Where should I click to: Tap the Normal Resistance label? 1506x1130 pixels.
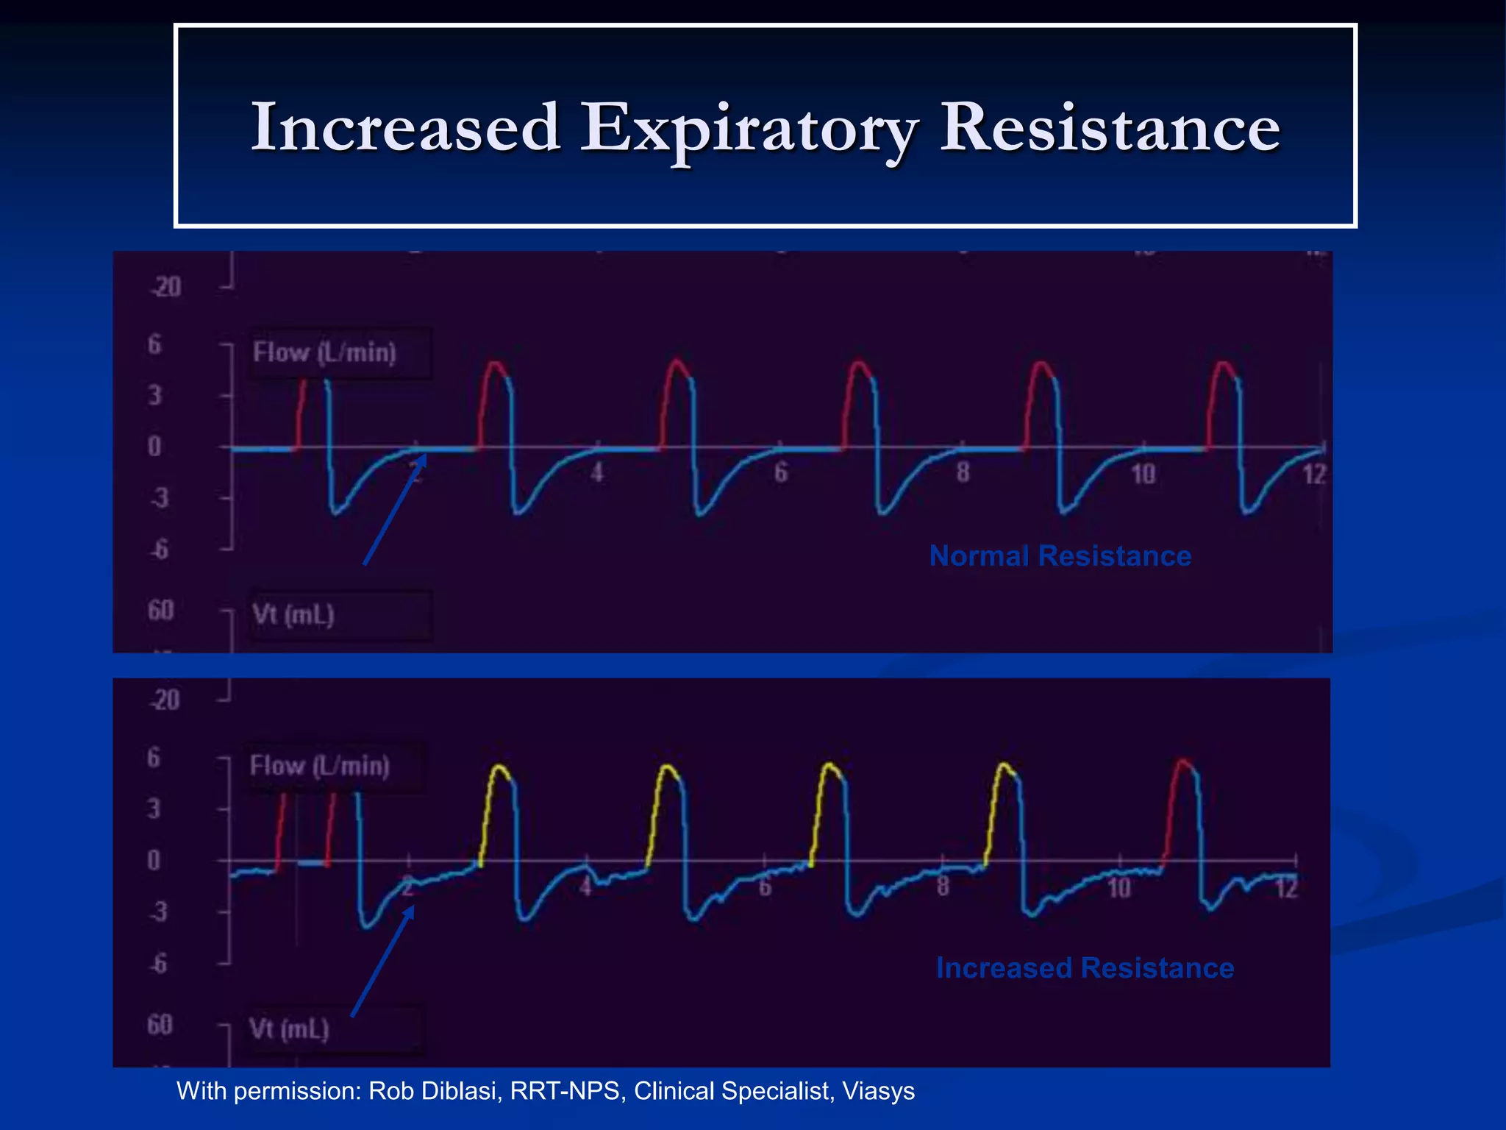1060,556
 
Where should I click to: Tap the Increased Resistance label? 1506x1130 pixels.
1085,968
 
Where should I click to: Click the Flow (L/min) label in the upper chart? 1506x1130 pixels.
324,352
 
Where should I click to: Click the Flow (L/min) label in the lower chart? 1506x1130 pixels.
319,767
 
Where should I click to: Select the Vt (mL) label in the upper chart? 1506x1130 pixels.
293,614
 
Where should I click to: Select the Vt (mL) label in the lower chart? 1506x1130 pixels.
289,1028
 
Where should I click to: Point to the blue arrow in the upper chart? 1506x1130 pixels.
395,510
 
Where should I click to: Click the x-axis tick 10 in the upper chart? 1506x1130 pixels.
1143,475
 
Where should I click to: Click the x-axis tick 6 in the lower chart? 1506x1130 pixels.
765,887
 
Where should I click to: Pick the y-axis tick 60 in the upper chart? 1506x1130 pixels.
160,611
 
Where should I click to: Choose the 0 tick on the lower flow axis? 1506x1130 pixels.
153,860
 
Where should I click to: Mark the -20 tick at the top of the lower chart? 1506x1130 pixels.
165,700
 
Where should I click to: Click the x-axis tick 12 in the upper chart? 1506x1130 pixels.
1314,475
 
